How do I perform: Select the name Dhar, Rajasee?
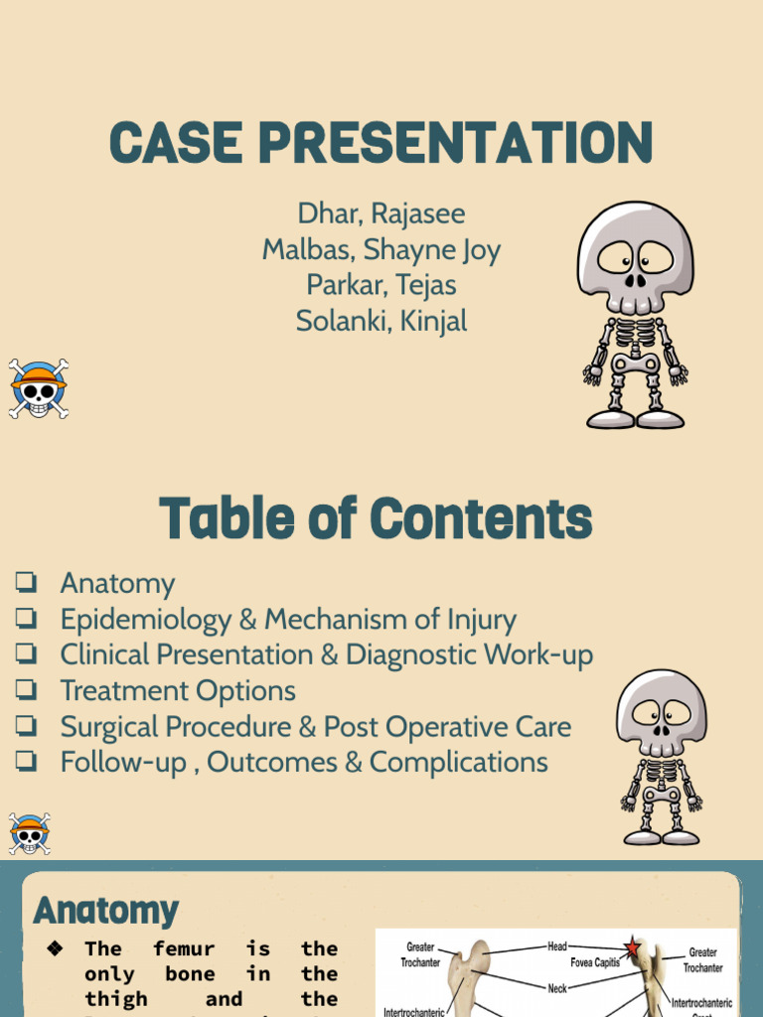pyautogui.click(x=381, y=214)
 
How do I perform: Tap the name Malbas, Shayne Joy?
pyautogui.click(x=381, y=249)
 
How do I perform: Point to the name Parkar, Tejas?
pyautogui.click(x=381, y=285)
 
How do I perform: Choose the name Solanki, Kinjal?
pyautogui.click(x=381, y=321)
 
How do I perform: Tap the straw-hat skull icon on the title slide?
pyautogui.click(x=38, y=388)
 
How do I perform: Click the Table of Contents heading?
pyautogui.click(x=376, y=519)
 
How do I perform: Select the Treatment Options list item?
pyautogui.click(x=178, y=690)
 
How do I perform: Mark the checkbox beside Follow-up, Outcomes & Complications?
pyautogui.click(x=26, y=762)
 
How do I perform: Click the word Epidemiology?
pyautogui.click(x=145, y=620)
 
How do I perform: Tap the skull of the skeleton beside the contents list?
pyautogui.click(x=662, y=713)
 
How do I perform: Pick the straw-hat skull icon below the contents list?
pyautogui.click(x=29, y=833)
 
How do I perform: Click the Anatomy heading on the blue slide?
pyautogui.click(x=105, y=910)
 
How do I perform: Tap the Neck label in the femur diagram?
pyautogui.click(x=557, y=988)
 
